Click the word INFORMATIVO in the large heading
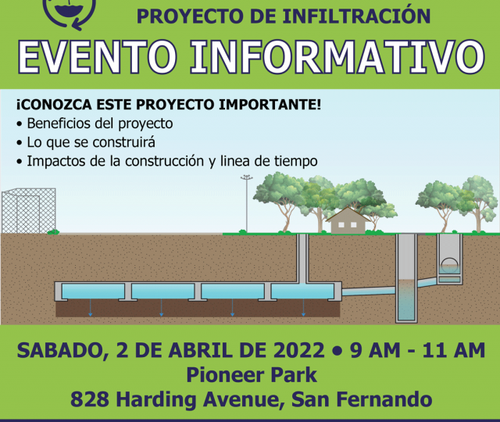click(x=337, y=57)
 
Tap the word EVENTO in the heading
click(x=97, y=57)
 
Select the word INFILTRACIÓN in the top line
click(x=356, y=16)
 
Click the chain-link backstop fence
click(x=29, y=210)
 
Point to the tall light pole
click(x=247, y=204)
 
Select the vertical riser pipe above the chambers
click(x=302, y=259)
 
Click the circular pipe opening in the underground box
click(x=450, y=264)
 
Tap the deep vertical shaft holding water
click(x=406, y=278)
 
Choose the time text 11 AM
click(x=453, y=350)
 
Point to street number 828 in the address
click(x=90, y=399)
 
